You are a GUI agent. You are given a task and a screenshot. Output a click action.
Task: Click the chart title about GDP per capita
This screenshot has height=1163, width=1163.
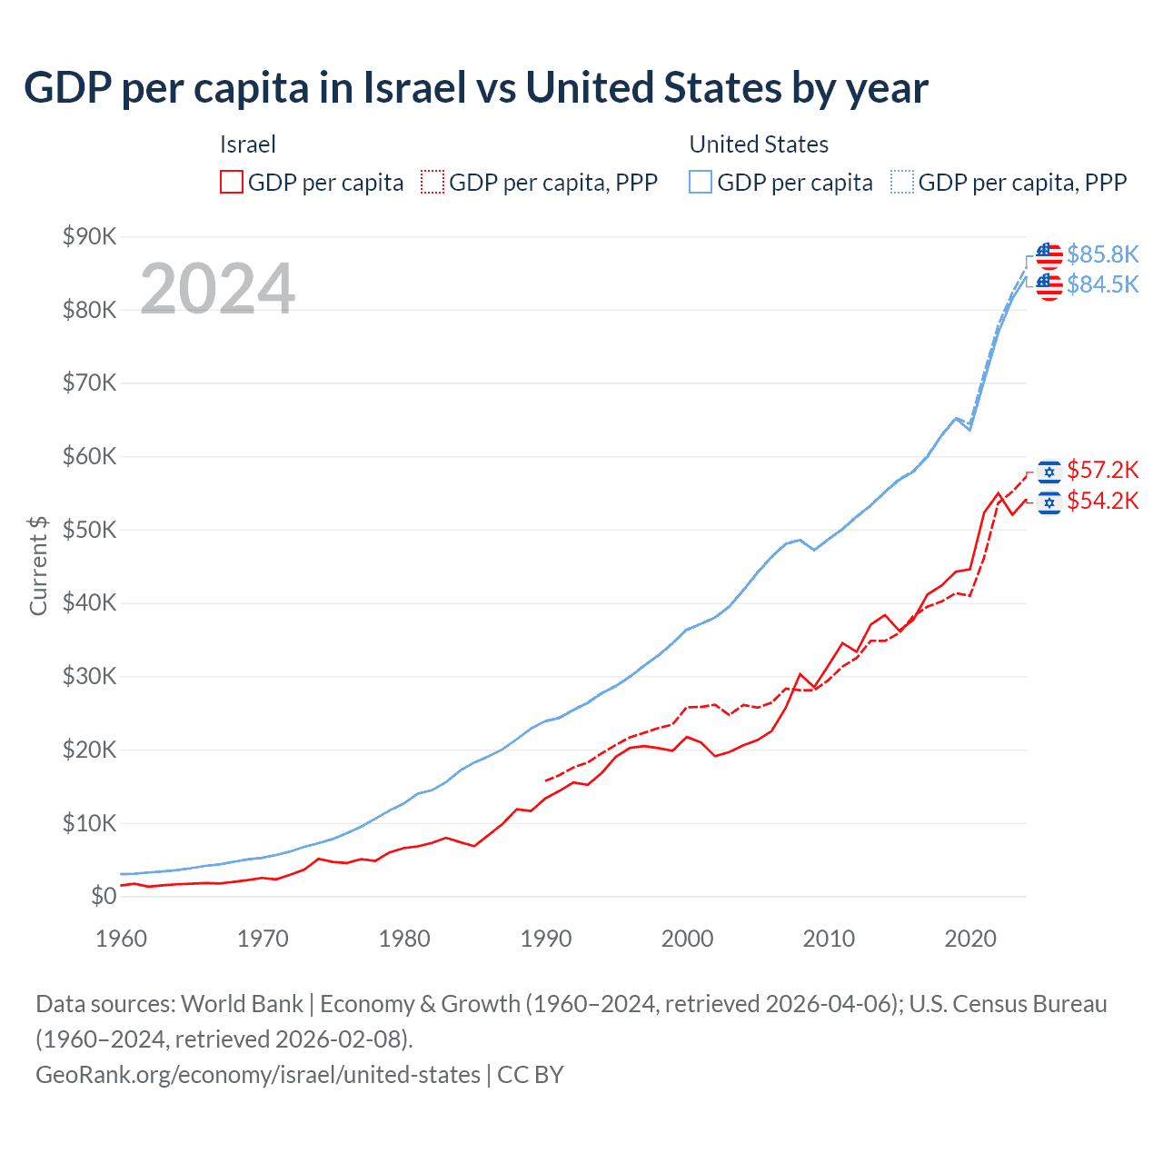(476, 88)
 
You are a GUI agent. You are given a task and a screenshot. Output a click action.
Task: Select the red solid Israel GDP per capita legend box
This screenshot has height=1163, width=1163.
(232, 182)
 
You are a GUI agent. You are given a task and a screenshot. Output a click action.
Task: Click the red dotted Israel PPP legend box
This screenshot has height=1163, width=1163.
(432, 182)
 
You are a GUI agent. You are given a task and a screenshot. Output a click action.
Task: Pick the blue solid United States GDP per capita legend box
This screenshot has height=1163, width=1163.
(701, 182)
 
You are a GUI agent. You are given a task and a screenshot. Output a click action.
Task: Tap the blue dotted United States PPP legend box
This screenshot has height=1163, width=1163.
(902, 182)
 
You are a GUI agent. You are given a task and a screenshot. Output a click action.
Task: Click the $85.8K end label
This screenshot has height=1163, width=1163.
(1102, 254)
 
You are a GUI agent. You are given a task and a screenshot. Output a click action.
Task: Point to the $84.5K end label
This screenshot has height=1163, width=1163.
(1102, 285)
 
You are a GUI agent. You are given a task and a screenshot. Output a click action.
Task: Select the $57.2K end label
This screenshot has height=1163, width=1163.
(1102, 470)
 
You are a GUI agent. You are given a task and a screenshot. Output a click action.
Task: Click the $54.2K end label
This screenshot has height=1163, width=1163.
(1102, 502)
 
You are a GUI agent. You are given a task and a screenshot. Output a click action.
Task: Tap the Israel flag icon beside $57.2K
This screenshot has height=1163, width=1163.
(1049, 471)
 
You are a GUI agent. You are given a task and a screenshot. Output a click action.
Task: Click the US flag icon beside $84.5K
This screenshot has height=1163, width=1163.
(1049, 286)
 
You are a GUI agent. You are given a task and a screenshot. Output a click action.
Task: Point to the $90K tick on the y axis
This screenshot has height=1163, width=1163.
(89, 237)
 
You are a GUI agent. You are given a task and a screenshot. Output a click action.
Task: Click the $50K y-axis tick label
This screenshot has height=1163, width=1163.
(89, 531)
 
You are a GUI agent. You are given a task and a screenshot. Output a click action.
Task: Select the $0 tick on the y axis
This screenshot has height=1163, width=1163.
(104, 897)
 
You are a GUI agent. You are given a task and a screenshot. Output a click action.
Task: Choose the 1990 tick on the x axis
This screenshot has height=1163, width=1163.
(546, 939)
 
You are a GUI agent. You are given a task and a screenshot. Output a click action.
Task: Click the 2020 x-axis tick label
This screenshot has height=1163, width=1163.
(970, 939)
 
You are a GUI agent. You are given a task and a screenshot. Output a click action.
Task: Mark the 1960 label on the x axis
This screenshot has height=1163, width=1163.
(122, 939)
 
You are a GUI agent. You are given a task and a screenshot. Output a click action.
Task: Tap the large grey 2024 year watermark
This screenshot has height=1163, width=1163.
(218, 289)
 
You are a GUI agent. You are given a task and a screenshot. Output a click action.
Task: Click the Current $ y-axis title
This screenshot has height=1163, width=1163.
(38, 565)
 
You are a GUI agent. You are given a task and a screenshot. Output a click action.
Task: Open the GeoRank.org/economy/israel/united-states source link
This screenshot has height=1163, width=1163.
(258, 1075)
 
